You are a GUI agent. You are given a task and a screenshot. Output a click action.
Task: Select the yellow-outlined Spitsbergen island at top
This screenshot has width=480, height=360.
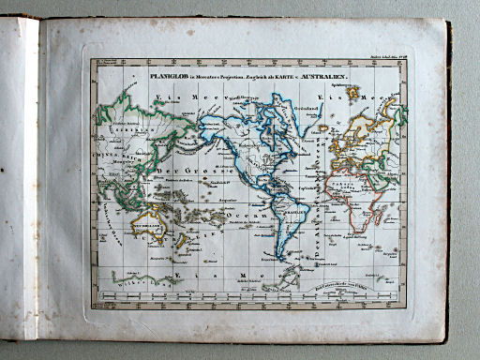[352, 92]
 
